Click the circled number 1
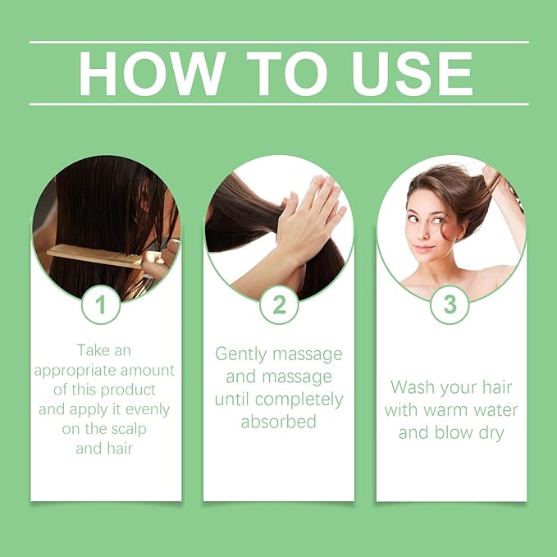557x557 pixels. (101, 305)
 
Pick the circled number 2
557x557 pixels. (279, 305)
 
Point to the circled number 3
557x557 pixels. (450, 305)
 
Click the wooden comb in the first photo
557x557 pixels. (94, 257)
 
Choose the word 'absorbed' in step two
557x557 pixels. (279, 422)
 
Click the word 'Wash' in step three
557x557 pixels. (411, 387)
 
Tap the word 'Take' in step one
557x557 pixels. (94, 350)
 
